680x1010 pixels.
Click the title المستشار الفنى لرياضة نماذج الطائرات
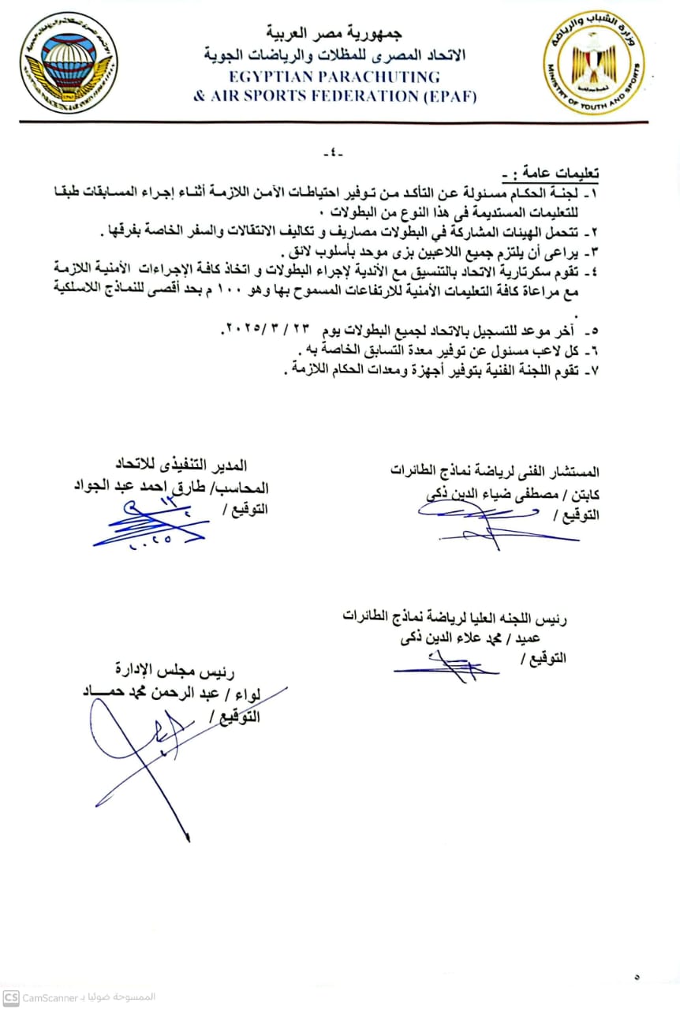point(495,472)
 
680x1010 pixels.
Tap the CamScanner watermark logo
point(10,997)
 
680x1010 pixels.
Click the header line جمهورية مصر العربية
point(340,35)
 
